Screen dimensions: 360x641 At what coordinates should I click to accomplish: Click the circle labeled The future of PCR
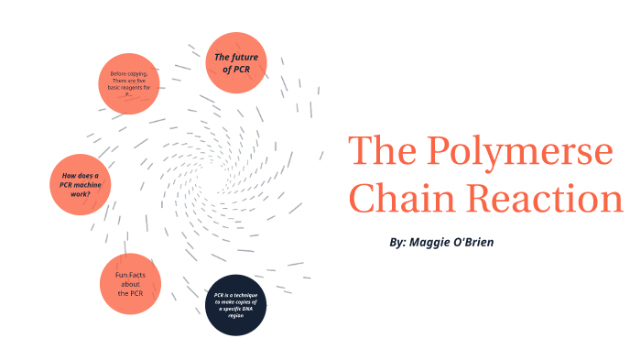(x=236, y=62)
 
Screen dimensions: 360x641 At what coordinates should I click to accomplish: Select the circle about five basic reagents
(x=129, y=83)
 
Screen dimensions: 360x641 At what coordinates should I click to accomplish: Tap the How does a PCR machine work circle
(x=80, y=184)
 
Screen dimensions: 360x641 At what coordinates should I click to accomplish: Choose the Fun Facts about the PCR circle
(x=129, y=283)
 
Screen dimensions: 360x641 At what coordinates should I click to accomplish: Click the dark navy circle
(x=235, y=304)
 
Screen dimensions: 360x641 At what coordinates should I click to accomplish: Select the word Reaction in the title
(x=545, y=198)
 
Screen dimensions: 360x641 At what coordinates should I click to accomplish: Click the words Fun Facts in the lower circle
(x=130, y=274)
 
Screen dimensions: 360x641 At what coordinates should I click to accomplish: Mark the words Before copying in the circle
(x=129, y=73)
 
